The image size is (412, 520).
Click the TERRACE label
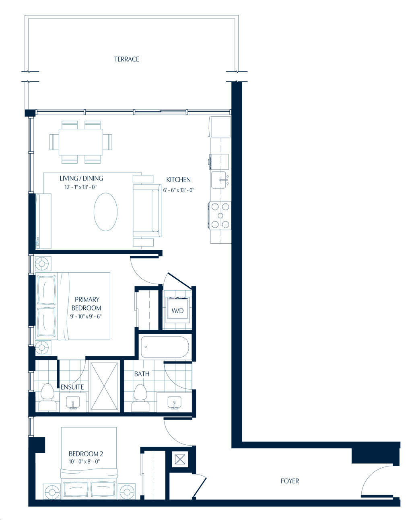[126, 59]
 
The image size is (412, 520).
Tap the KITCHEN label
[178, 180]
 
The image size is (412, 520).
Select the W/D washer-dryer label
[177, 311]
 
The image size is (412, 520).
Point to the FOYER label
[290, 481]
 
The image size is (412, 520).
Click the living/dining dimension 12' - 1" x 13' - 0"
[80, 187]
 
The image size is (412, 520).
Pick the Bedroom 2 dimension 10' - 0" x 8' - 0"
[84, 462]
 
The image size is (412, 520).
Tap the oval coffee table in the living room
[105, 212]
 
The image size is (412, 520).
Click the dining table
[81, 142]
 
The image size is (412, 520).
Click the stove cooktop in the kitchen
[220, 216]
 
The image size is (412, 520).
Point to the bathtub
[165, 347]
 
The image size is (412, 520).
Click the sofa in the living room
[147, 210]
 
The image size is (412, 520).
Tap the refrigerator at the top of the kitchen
[220, 127]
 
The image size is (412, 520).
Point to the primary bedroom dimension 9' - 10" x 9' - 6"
[86, 316]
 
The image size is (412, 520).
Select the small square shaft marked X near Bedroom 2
[180, 459]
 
